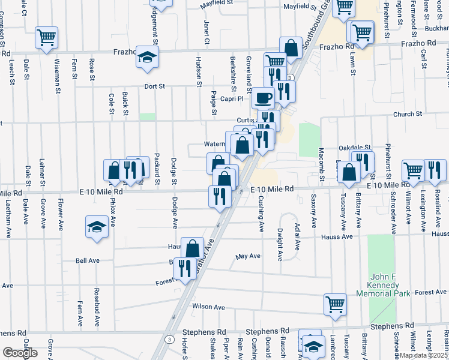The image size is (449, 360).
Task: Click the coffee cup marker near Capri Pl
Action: (x=262, y=97)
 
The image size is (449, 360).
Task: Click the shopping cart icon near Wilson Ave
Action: (x=334, y=304)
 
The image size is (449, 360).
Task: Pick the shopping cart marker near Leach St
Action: (x=46, y=37)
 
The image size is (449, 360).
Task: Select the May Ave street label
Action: (x=248, y=256)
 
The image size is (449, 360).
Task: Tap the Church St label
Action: (x=408, y=114)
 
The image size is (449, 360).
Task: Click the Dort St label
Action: (x=154, y=86)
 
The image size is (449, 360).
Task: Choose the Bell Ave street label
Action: (x=87, y=261)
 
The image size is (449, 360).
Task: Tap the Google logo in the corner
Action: (x=19, y=352)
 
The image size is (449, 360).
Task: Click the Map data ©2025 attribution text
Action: (x=424, y=355)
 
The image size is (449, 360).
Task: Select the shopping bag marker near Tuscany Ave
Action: (x=349, y=172)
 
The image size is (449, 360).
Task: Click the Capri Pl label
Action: (x=231, y=99)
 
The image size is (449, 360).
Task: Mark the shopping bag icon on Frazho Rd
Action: (x=291, y=49)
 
